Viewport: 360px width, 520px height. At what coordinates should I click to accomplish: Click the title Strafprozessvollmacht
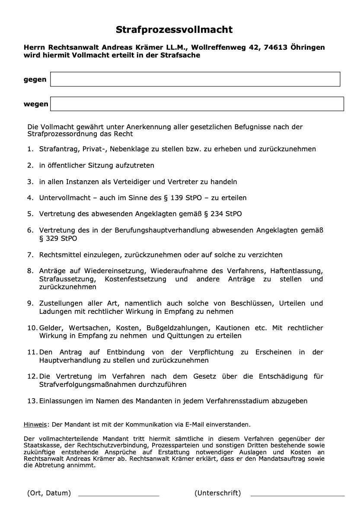(x=174, y=30)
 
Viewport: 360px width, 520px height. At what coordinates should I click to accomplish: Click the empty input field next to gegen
(x=195, y=79)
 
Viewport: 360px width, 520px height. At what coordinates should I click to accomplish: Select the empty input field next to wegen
(x=197, y=104)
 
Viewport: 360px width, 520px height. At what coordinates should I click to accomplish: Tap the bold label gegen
(x=35, y=80)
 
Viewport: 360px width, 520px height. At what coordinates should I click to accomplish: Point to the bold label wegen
(x=36, y=104)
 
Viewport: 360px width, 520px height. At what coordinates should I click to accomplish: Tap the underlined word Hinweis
(x=35, y=424)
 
